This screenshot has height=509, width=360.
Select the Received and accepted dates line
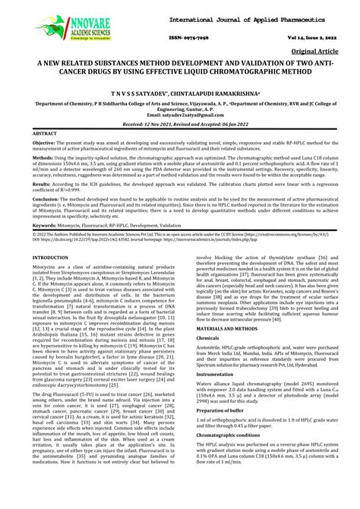coord(179,123)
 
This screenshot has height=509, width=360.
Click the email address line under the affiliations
coord(179,114)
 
